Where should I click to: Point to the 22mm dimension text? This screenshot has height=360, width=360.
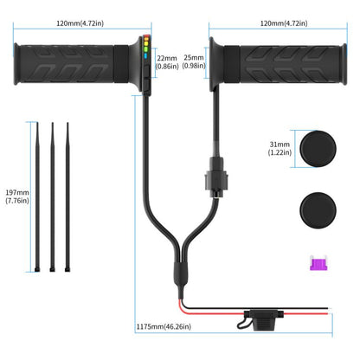tap(167, 61)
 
